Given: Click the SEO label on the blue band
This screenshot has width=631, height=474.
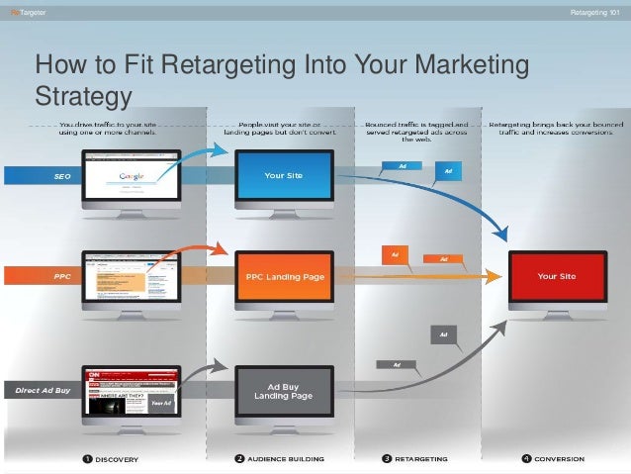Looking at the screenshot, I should coord(61,175).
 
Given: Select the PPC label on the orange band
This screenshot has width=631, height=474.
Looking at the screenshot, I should coord(61,277).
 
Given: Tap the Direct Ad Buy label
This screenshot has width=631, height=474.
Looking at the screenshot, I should coord(41,390).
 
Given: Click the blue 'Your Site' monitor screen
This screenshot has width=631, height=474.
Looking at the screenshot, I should coord(283,175).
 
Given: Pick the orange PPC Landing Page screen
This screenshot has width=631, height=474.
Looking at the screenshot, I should coord(284,277).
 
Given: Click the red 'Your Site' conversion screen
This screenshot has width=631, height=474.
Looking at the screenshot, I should coord(557,277).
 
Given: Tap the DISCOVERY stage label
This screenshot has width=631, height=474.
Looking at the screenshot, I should coord(117,459).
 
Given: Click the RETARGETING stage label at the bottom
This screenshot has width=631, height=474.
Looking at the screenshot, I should coord(420,459).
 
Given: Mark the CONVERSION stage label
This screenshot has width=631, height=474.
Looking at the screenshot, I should coord(559,459).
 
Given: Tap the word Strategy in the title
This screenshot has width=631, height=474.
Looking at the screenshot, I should coord(83,96).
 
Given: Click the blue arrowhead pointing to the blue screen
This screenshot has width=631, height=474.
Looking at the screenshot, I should coord(222,148).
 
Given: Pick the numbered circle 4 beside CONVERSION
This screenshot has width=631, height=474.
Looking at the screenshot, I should coord(526,459).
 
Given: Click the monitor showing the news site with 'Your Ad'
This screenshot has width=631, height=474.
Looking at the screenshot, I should coord(131,391).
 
